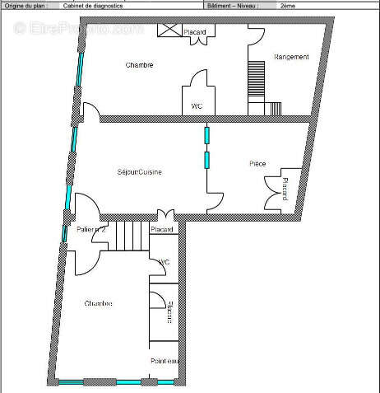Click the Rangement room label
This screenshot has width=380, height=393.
click(291, 57)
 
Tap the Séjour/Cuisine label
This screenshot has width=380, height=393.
click(138, 171)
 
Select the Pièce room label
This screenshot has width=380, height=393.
click(257, 164)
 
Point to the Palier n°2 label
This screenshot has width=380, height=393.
click(91, 230)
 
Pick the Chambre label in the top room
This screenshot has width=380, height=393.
click(140, 64)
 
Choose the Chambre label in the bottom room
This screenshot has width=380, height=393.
click(98, 304)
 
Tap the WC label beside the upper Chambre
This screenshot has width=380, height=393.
click(197, 106)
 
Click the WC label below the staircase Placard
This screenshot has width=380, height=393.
click(163, 262)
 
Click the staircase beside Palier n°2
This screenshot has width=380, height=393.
click(131, 236)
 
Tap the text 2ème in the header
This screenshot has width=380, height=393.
click(288, 5)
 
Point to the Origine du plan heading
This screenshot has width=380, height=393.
click(25, 5)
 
